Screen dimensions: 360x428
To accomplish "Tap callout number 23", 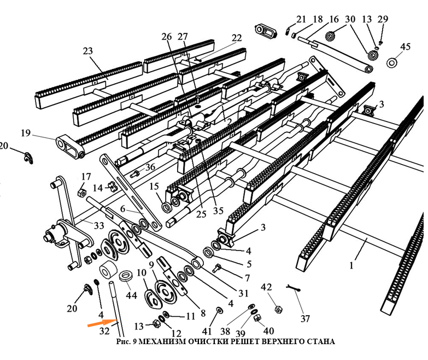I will [x=88, y=51].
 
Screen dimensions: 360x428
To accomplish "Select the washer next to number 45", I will [x=392, y=63].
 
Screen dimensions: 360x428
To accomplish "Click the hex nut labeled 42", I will [x=277, y=309].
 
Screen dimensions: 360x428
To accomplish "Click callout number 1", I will [x=351, y=266].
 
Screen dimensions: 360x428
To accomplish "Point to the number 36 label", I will [x=150, y=166].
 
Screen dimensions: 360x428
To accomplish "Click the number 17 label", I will [x=86, y=176].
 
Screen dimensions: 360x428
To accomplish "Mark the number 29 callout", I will [x=383, y=19].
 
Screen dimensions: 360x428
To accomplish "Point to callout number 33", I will [x=99, y=225].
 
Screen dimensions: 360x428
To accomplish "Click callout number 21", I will [x=301, y=19].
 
